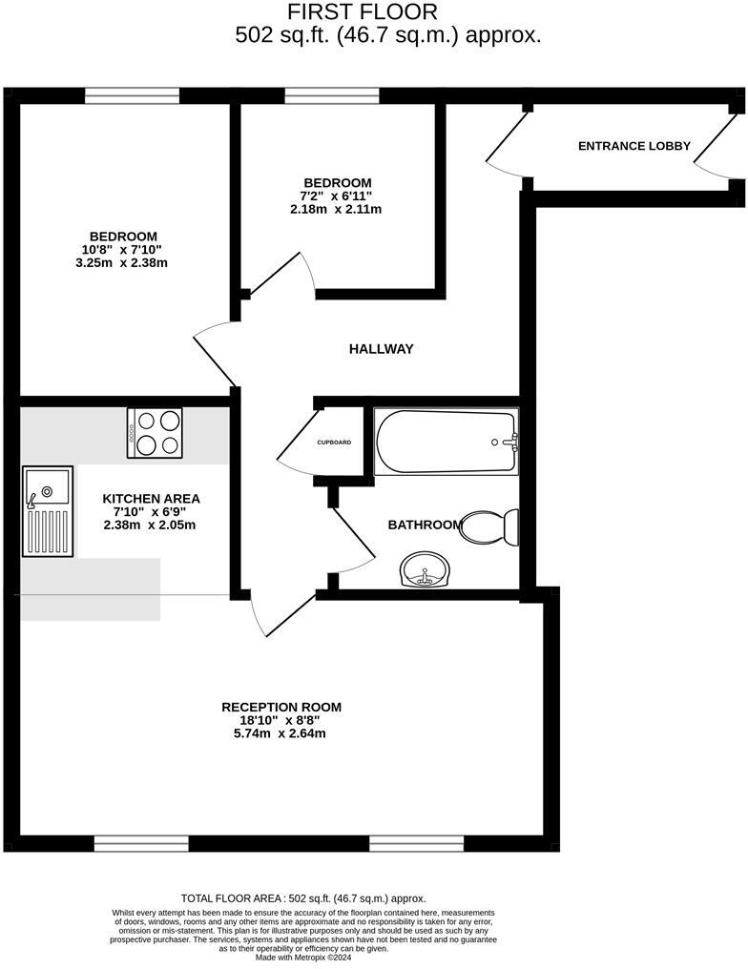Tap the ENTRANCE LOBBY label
(x=634, y=146)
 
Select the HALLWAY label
(x=381, y=349)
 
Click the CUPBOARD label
(x=334, y=443)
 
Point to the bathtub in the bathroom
(x=446, y=442)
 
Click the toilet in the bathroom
(x=491, y=526)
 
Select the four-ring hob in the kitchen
(x=156, y=432)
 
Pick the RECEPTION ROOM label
(x=281, y=707)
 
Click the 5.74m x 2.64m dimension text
(x=281, y=733)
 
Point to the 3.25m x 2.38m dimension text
(x=124, y=263)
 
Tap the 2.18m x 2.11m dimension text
(x=337, y=209)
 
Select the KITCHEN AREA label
(x=152, y=498)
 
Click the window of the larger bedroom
(x=132, y=95)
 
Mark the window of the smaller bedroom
(x=332, y=95)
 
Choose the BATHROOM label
(x=425, y=525)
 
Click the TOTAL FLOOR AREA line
(x=303, y=898)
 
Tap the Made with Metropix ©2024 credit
(x=303, y=958)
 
